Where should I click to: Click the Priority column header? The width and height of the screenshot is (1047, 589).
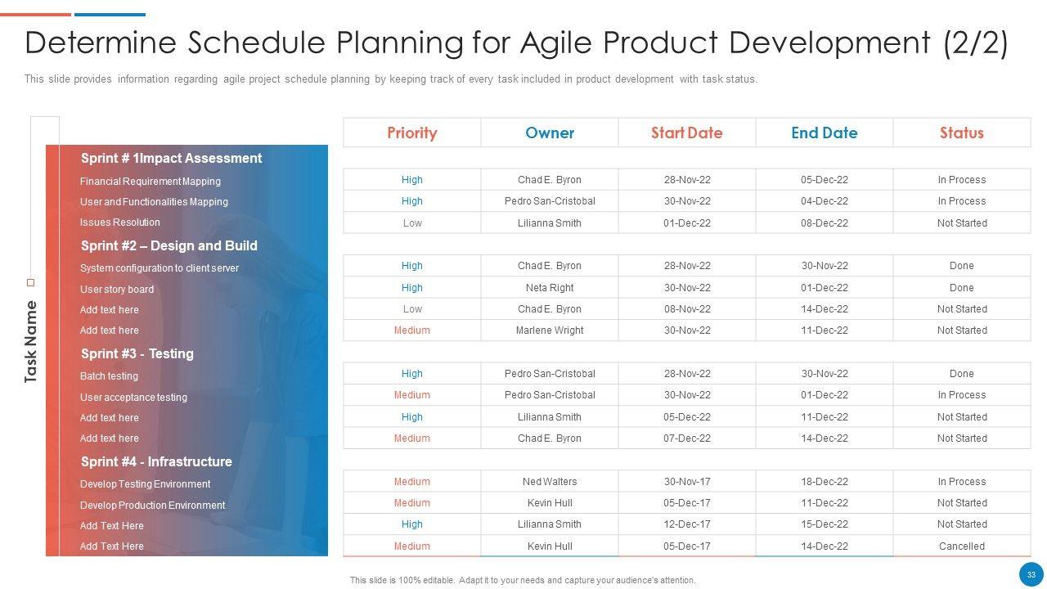[411, 133]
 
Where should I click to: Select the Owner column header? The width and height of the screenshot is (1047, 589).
[550, 133]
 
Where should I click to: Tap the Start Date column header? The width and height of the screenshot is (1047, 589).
[686, 133]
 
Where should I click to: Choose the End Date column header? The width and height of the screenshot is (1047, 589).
[824, 133]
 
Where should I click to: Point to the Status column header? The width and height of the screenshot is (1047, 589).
[961, 133]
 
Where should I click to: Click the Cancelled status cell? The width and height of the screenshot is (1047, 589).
[961, 546]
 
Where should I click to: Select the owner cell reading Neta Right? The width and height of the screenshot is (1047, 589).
[550, 287]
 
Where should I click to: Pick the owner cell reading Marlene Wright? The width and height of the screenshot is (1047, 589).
[550, 330]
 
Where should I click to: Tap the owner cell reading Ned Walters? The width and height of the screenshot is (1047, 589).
[550, 482]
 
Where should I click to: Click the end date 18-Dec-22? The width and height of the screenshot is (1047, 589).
[824, 482]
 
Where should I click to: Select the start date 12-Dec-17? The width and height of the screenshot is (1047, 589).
[686, 524]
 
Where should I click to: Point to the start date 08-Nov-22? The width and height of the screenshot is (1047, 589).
[686, 309]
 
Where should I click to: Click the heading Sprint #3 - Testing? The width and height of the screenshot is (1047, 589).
[137, 353]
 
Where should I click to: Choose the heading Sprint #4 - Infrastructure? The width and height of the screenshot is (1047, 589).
[156, 461]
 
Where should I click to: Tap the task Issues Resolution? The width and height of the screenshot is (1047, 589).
[119, 223]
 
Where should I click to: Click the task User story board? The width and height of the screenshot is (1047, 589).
[117, 290]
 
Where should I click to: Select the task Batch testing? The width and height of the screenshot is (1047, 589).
[109, 375]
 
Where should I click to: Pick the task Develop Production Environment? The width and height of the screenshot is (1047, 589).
[152, 506]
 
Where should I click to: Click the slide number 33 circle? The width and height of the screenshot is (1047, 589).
[1031, 574]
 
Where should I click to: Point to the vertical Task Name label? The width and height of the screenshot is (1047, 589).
[30, 342]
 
